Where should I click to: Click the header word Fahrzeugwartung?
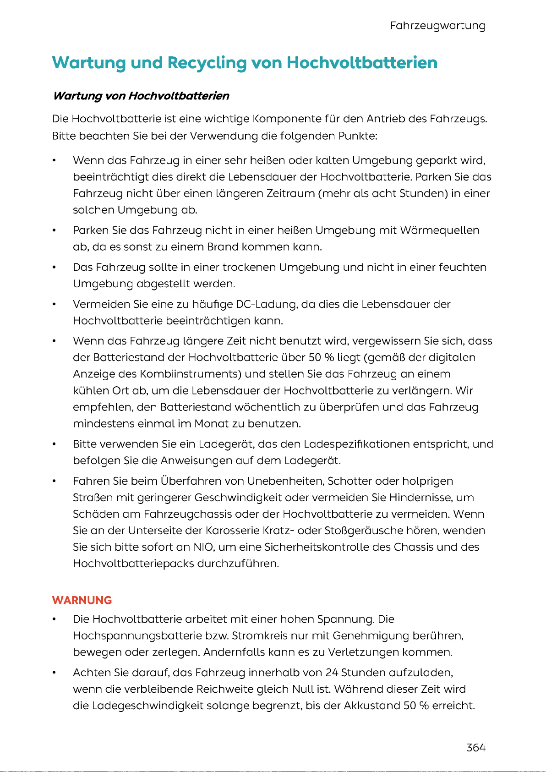tap(437, 26)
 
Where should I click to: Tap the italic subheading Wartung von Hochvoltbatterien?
tap(141, 96)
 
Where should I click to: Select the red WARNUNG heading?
tap(82, 600)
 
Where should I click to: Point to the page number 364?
tap(476, 748)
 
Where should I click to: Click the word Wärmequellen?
tap(440, 230)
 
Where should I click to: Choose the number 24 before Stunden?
tap(332, 673)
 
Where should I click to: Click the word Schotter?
tap(350, 481)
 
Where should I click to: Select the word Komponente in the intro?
tap(282, 119)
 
